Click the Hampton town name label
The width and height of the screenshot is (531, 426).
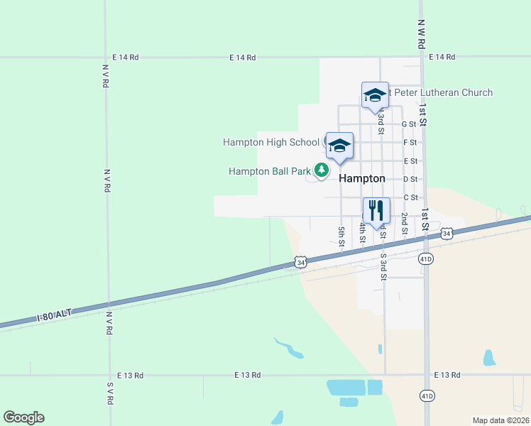click(x=362, y=179)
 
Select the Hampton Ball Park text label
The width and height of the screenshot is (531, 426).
click(x=270, y=171)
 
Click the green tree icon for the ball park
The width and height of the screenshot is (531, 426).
click(x=322, y=170)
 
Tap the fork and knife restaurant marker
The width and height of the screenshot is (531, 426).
click(x=376, y=211)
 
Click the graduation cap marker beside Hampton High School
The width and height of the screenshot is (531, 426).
click(x=339, y=146)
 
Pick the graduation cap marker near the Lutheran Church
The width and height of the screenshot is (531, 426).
click(x=375, y=95)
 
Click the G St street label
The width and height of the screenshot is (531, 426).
click(x=409, y=124)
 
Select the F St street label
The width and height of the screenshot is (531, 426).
click(x=410, y=143)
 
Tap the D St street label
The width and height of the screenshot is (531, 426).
click(x=410, y=180)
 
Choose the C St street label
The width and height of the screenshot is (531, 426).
click(x=410, y=197)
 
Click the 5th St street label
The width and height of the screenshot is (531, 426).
click(x=341, y=236)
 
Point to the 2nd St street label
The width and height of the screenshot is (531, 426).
click(x=404, y=223)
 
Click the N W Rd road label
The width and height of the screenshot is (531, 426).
click(x=421, y=33)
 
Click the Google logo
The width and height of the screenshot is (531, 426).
click(x=23, y=417)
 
